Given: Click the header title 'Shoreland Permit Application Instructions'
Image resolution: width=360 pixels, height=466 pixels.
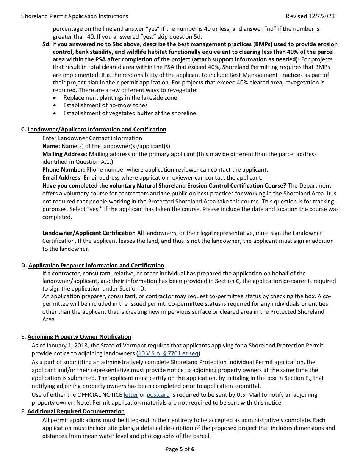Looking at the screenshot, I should (75, 16).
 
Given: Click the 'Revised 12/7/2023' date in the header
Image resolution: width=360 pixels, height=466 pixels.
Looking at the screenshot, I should (310, 16).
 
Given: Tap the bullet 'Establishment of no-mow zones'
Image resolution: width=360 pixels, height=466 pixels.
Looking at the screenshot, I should (105, 105).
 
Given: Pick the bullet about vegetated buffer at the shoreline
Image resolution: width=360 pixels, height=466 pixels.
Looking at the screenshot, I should (130, 113).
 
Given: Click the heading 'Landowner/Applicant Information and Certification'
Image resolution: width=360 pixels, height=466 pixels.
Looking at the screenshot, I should (97, 130).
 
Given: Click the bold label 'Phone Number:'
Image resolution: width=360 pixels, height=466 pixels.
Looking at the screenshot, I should (63, 170).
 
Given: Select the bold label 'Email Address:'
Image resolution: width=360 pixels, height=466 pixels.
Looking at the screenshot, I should (62, 178).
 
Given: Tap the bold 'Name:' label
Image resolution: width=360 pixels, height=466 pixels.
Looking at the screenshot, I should (51, 146).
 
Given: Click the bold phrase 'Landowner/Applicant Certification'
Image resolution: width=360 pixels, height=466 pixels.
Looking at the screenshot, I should (89, 233).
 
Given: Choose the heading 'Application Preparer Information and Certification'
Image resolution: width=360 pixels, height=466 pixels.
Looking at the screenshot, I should (96, 266).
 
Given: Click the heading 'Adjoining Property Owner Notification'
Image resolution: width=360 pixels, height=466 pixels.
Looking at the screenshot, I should (79, 337).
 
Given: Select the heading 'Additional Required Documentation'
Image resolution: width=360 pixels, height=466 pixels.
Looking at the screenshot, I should (76, 411).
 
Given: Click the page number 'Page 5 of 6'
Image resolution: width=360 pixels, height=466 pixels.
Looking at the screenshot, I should (180, 449).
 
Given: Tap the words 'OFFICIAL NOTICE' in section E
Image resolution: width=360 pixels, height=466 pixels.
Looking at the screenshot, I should (100, 395).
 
